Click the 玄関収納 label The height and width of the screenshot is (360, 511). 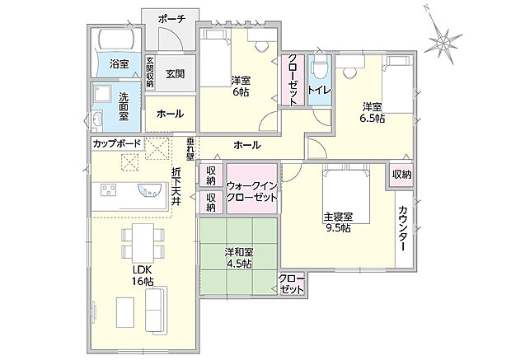(x=151, y=72)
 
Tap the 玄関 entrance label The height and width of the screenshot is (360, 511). (x=175, y=73)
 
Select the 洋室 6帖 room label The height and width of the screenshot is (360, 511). (x=241, y=86)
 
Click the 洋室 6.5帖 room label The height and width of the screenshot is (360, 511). (x=373, y=112)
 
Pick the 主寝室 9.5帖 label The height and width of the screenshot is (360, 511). (x=338, y=222)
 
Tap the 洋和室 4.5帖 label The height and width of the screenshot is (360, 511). (x=240, y=259)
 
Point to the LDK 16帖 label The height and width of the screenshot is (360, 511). (x=143, y=275)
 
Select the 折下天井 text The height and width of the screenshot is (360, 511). (x=176, y=188)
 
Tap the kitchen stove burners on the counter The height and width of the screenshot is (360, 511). (x=110, y=190)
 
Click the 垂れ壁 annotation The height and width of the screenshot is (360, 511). (x=190, y=147)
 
